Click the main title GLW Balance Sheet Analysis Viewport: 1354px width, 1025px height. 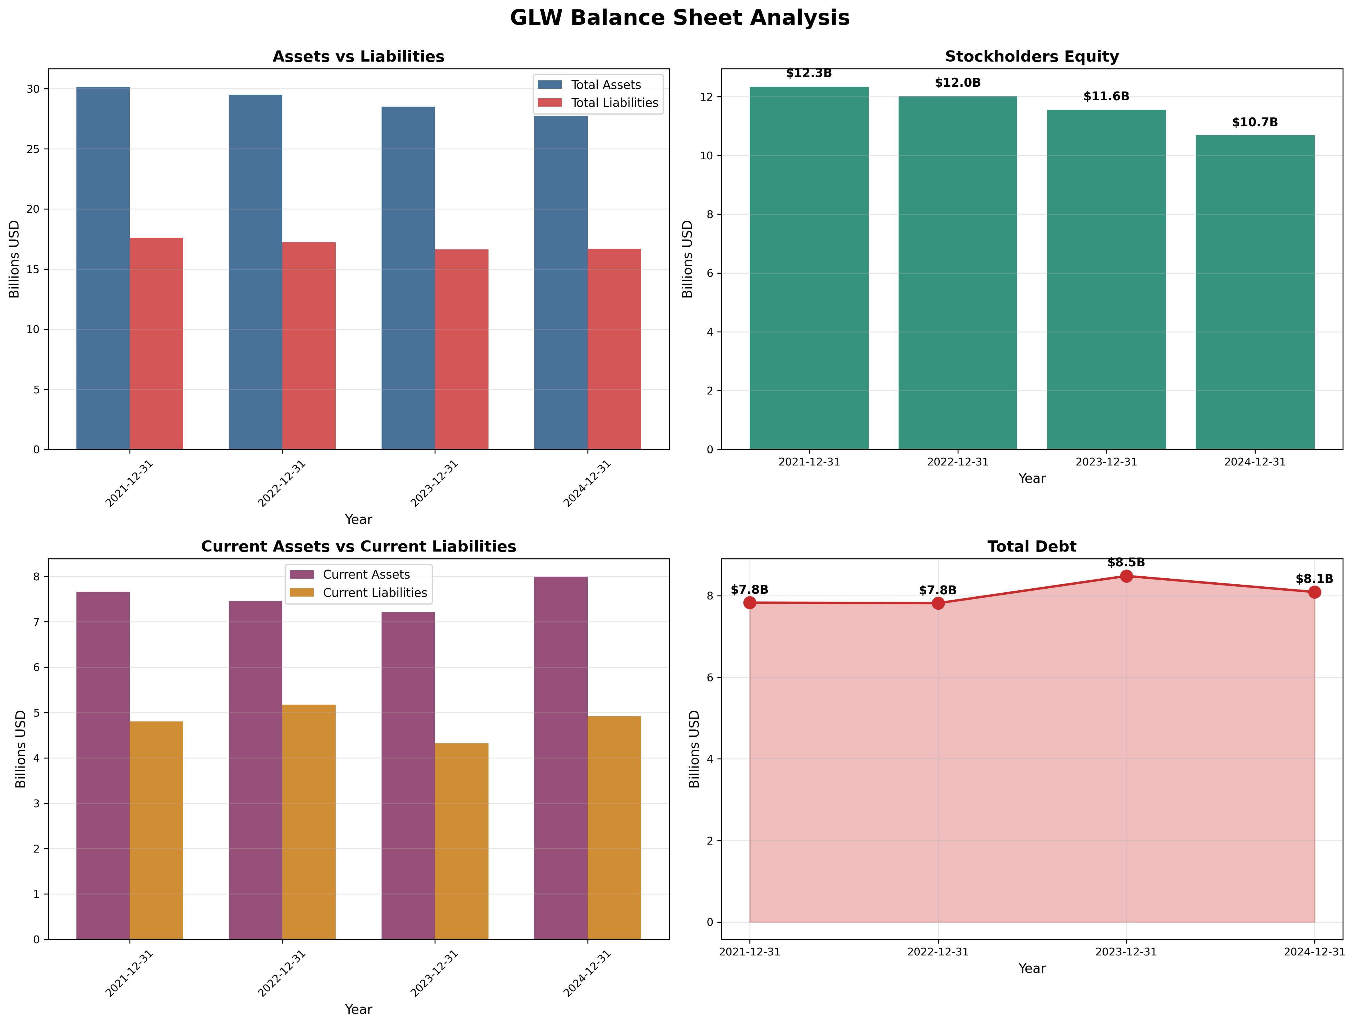point(680,18)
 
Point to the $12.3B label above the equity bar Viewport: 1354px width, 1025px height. point(808,74)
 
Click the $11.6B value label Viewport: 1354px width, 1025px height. point(1106,97)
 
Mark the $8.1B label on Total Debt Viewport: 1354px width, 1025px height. point(1314,579)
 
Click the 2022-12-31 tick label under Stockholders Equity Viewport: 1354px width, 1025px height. point(957,462)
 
